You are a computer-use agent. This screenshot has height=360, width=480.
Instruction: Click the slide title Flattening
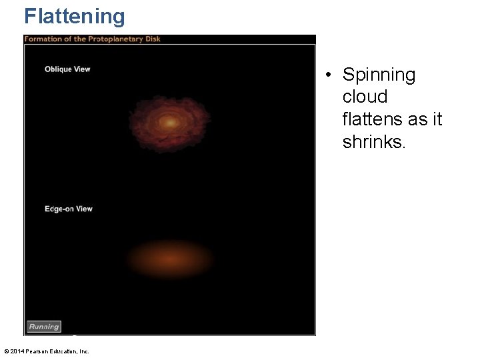coord(74,16)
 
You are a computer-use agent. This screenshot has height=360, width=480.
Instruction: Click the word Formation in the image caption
coord(43,39)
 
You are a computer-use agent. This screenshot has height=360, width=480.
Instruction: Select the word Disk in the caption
coord(153,39)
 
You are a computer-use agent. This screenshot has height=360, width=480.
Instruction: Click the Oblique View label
coord(67,69)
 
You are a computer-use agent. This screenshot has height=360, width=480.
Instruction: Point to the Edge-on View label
coord(69,209)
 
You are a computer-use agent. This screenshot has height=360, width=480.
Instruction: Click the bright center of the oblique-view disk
coord(170,123)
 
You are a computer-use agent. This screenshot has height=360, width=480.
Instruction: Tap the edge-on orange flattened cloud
coord(170,258)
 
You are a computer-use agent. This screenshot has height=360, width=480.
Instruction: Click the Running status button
coord(44,327)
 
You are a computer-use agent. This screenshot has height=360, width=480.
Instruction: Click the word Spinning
coord(379,75)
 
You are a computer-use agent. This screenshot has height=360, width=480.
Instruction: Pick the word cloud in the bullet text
coord(365,97)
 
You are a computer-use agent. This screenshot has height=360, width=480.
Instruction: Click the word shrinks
coord(373,141)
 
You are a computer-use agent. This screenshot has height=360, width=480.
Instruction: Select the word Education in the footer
coord(65,351)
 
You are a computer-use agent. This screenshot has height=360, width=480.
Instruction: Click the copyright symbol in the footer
coord(6,351)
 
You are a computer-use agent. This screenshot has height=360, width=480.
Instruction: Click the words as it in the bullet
coord(425,119)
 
